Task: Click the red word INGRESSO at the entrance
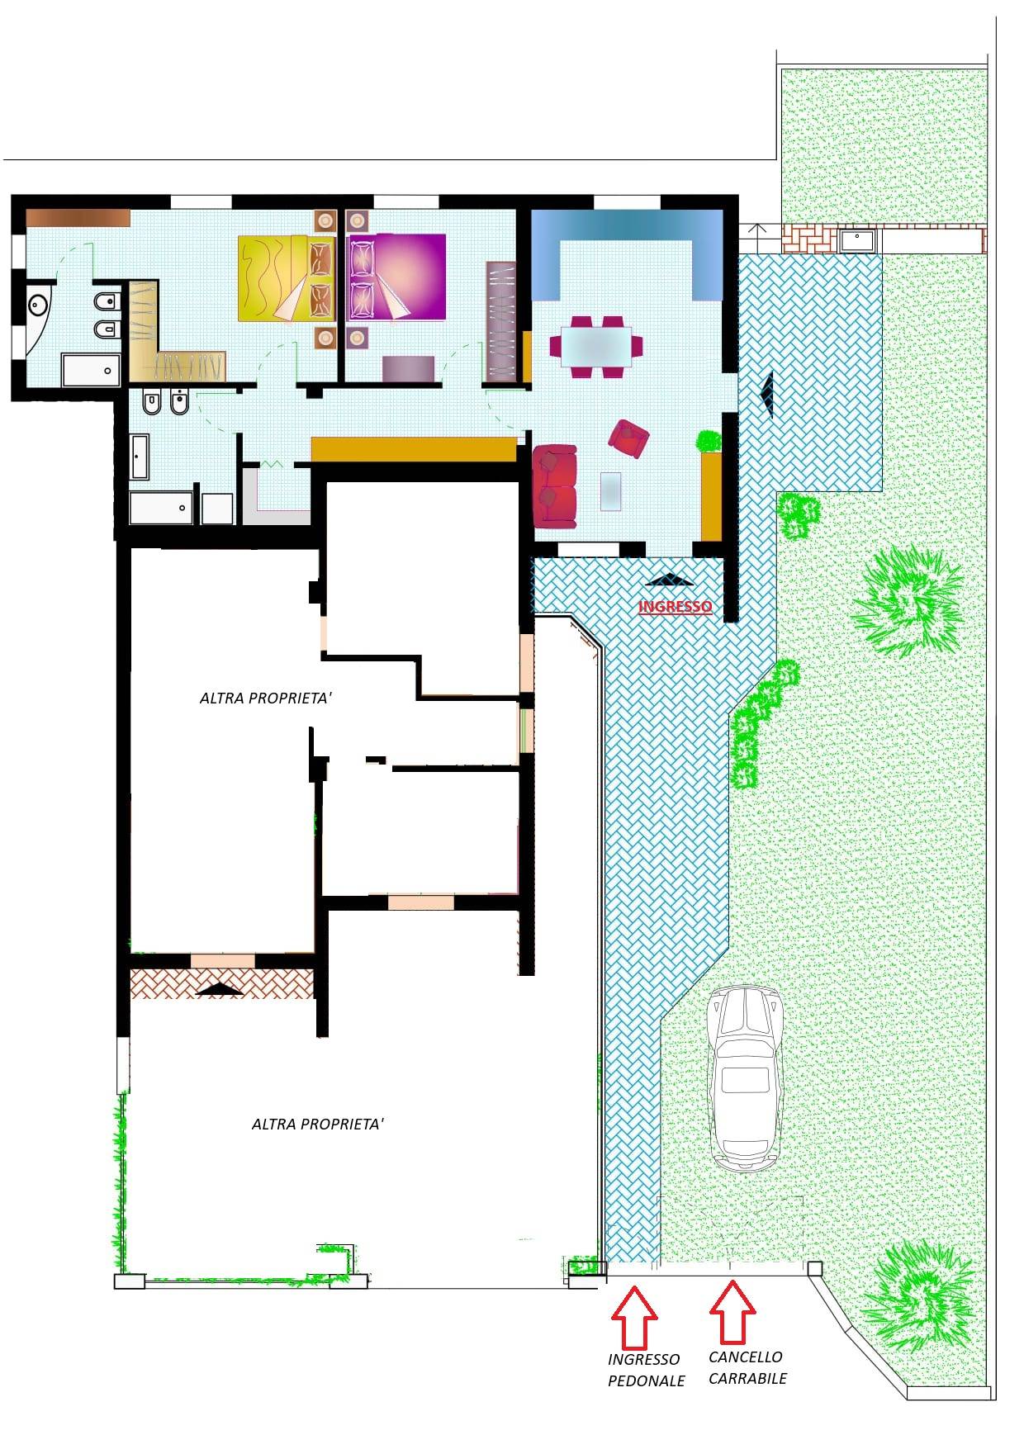click(675, 607)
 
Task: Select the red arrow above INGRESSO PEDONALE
click(634, 1316)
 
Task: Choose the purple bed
click(397, 277)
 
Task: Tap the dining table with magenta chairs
click(596, 347)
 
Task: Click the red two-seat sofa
click(555, 486)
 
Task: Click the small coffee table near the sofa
click(612, 491)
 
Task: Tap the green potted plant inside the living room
click(709, 441)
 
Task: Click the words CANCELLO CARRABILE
click(747, 1367)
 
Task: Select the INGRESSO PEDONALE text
click(647, 1370)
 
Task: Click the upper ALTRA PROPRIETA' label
click(266, 698)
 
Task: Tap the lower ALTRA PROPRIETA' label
click(318, 1124)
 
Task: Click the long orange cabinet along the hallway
click(414, 449)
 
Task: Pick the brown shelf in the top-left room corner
click(78, 217)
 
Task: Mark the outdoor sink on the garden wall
click(859, 240)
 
